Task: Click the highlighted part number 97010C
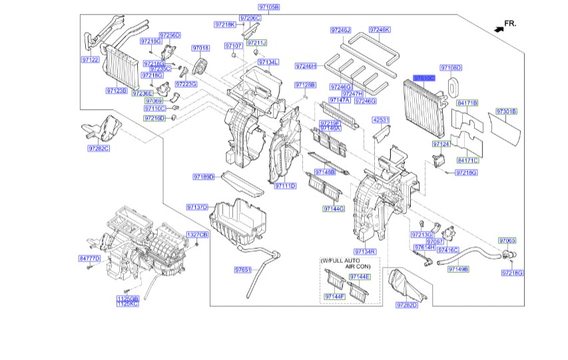(424, 78)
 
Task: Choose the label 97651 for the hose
(242, 270)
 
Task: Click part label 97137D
(197, 207)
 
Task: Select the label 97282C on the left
(98, 148)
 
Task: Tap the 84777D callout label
(89, 258)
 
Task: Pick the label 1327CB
(197, 235)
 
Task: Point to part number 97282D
(406, 305)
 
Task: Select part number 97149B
(458, 269)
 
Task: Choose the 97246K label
(380, 30)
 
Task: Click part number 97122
(91, 60)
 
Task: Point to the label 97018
(200, 48)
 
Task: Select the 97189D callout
(204, 177)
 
